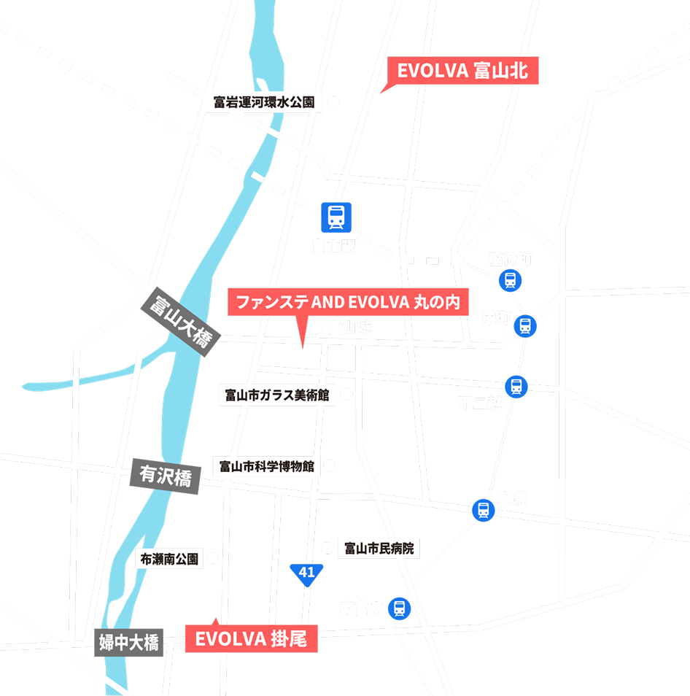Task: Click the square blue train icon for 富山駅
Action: [x=336, y=217]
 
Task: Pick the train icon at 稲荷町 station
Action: [x=510, y=280]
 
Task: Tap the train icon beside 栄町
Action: [x=525, y=325]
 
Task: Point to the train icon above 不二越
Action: [x=516, y=387]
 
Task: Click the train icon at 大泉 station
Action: [x=483, y=510]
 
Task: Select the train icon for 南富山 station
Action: [x=398, y=608]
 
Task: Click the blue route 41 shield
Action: [x=306, y=573]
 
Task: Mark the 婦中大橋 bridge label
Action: [x=129, y=643]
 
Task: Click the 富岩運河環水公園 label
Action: [x=264, y=102]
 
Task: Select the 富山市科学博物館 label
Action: [x=266, y=465]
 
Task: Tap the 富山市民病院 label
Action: [x=379, y=548]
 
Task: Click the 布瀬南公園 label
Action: [x=168, y=560]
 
